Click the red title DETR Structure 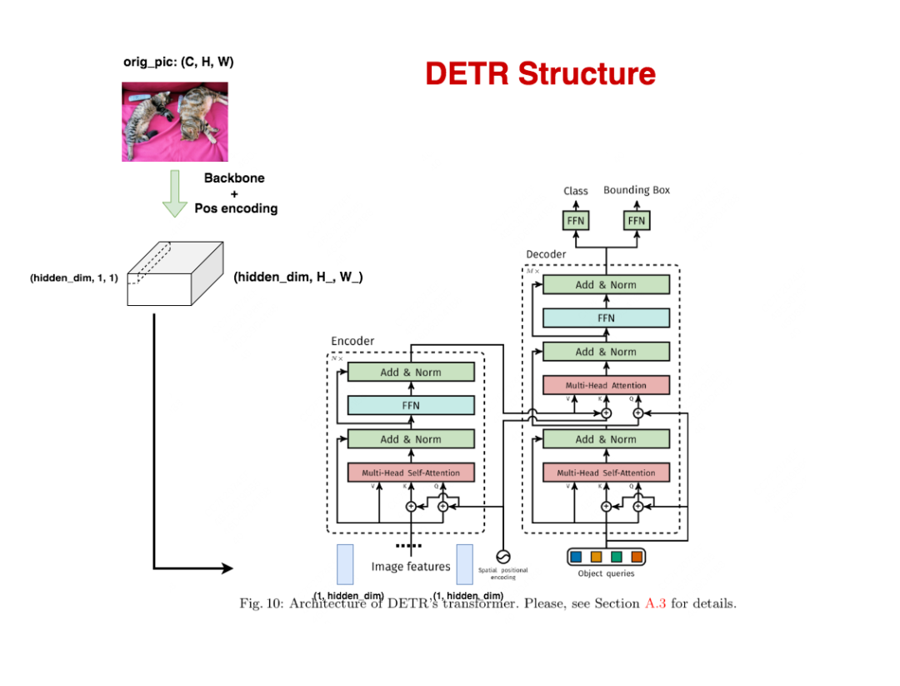[x=540, y=74]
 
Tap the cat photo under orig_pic [x=175, y=122]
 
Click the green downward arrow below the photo [x=174, y=193]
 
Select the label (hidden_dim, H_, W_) [x=298, y=277]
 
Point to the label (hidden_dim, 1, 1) [x=74, y=278]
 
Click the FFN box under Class [x=576, y=221]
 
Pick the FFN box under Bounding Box [x=637, y=221]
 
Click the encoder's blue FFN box [x=411, y=406]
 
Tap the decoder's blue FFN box [x=606, y=318]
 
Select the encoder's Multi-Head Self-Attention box [x=411, y=473]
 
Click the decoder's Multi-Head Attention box [x=606, y=385]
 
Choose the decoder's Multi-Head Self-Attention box [x=606, y=473]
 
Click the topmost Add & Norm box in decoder [x=606, y=285]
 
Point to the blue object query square [x=575, y=557]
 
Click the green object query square [x=617, y=557]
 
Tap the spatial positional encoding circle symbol [x=502, y=556]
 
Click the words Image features [x=410, y=567]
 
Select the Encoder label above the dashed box [x=352, y=341]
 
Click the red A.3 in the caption [x=656, y=603]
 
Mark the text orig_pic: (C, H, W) [x=178, y=63]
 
